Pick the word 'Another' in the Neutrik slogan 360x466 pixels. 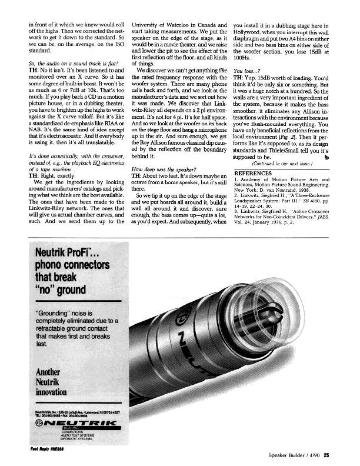[51, 372]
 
